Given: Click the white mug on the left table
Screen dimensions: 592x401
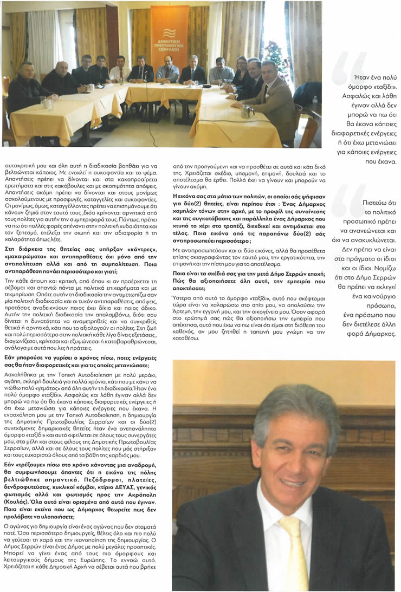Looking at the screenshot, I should coord(48,103).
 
